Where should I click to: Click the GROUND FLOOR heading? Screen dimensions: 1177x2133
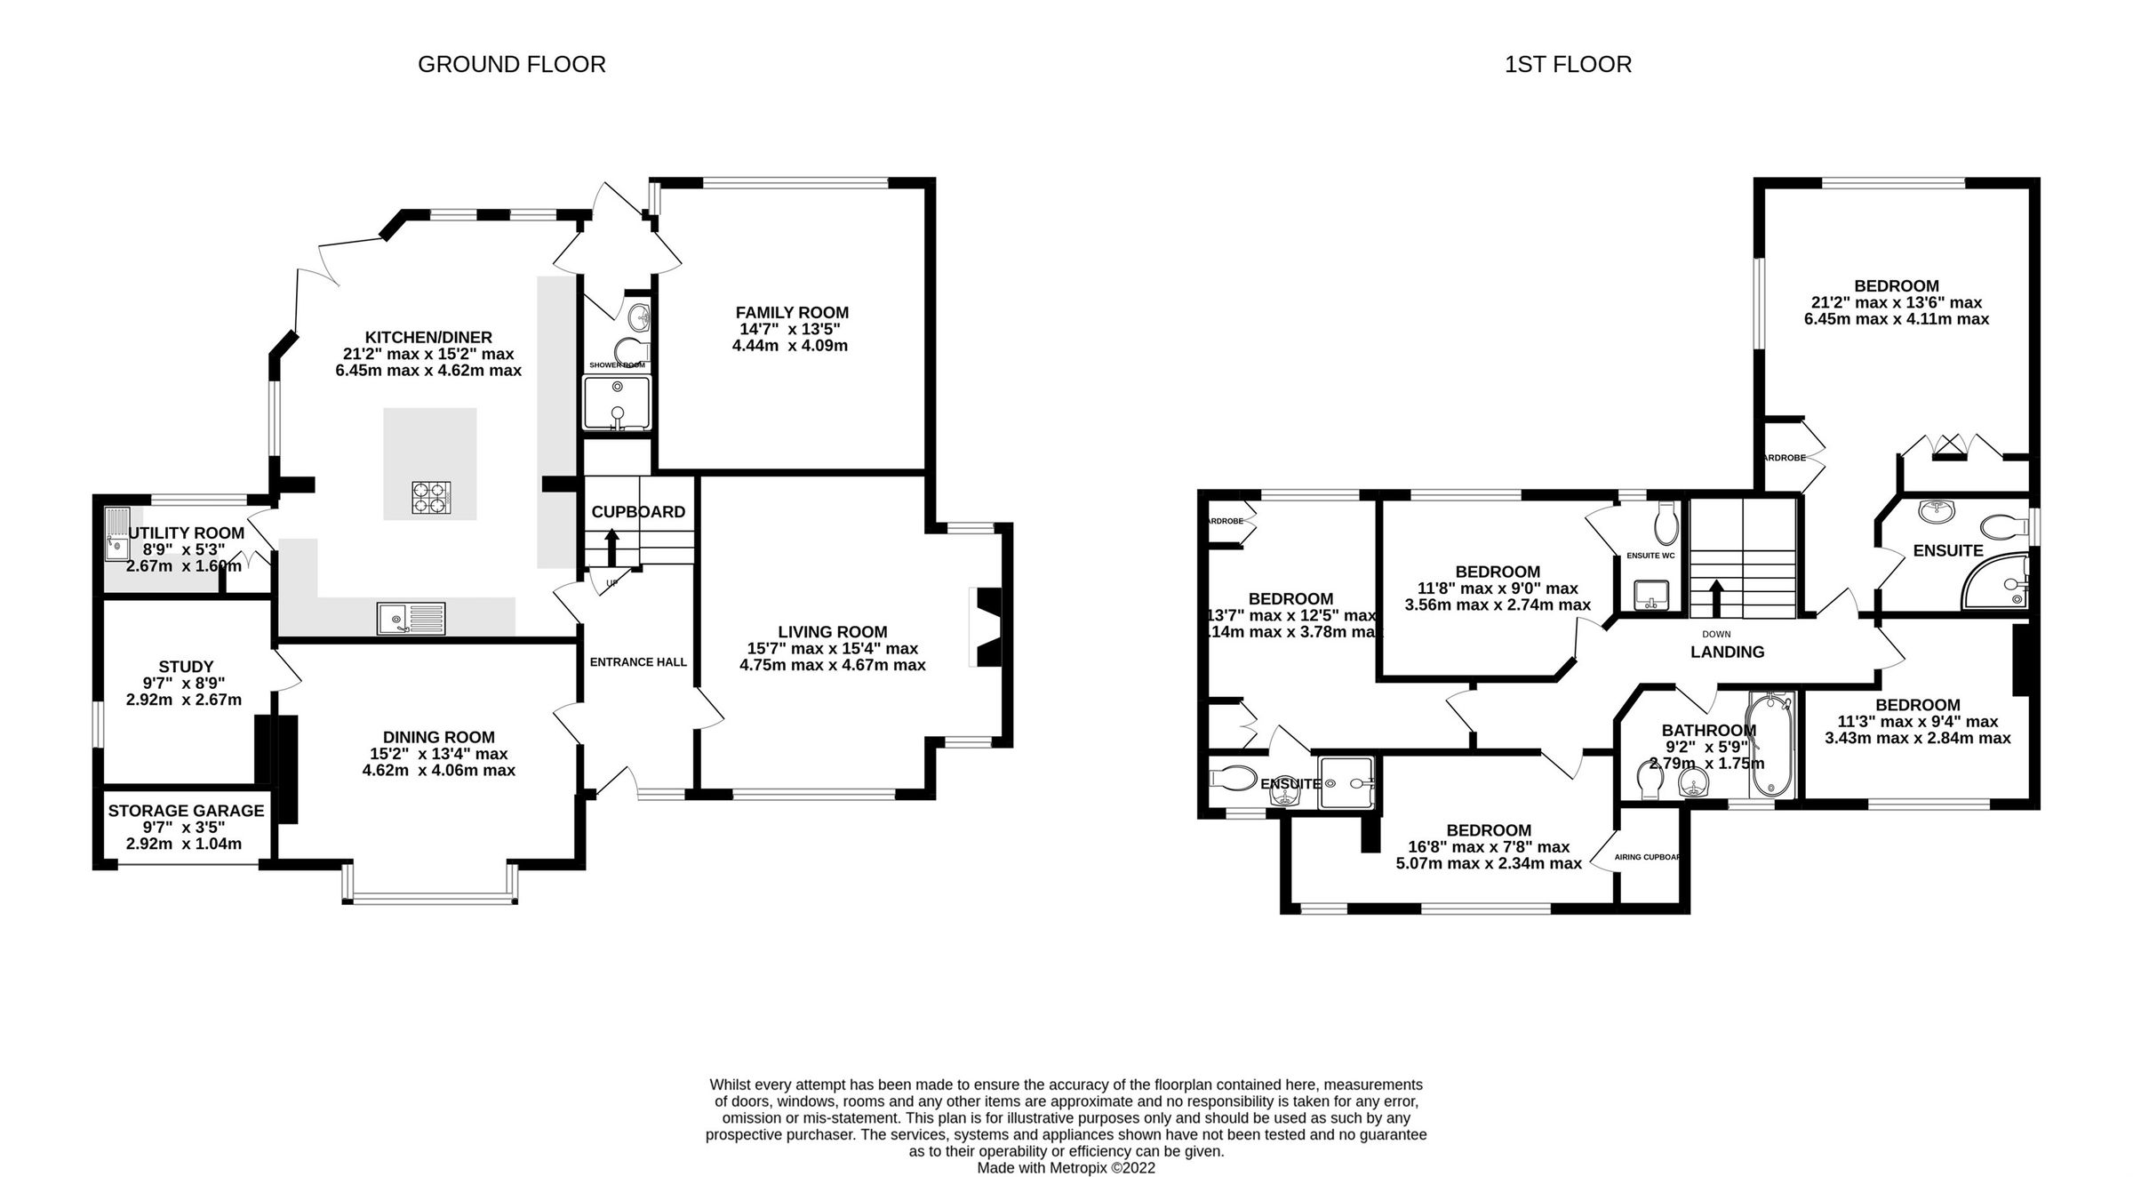511,65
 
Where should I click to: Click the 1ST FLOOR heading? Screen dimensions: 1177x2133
1568,65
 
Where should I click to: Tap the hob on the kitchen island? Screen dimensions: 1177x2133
431,498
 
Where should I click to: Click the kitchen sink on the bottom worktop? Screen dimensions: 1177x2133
411,618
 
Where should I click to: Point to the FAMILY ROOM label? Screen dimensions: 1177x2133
791,313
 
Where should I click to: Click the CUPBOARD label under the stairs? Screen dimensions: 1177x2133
638,512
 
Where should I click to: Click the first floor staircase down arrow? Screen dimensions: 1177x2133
1715,598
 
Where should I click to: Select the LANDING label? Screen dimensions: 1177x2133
1727,653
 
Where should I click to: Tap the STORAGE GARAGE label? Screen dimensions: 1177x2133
186,811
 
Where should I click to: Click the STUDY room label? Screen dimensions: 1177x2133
186,667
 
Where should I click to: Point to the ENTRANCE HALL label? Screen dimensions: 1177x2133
638,662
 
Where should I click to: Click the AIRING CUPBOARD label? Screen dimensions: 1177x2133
1648,858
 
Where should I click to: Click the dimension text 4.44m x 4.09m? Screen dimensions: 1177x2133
789,346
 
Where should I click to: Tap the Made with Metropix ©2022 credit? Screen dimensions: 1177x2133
1066,1168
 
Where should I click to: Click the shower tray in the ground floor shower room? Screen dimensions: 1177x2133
617,403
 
